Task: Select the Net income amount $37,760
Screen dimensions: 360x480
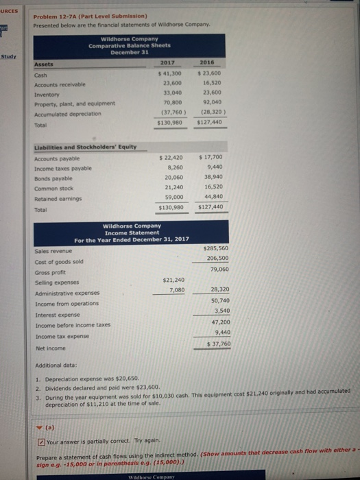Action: [x=219, y=344]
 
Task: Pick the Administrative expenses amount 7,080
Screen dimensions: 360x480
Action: [x=176, y=291]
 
